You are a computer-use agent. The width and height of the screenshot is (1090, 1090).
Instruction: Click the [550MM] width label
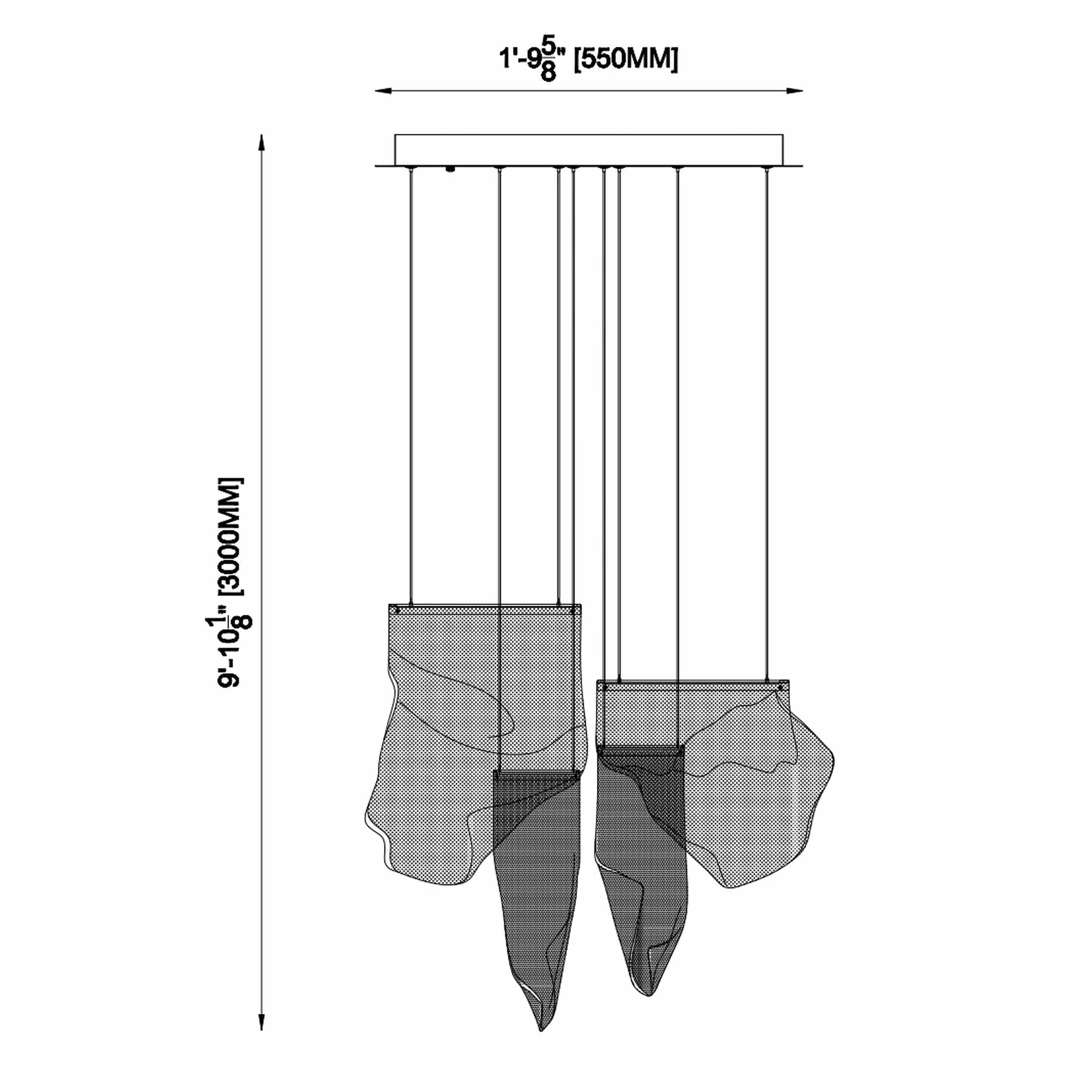point(626,60)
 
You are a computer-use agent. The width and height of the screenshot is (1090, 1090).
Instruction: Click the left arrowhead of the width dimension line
point(384,90)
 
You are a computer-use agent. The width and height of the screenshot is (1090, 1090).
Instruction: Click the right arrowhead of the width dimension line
point(794,90)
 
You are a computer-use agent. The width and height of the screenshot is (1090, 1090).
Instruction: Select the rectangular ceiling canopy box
point(589,150)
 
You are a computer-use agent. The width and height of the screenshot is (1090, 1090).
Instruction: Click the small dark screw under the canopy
point(450,169)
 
